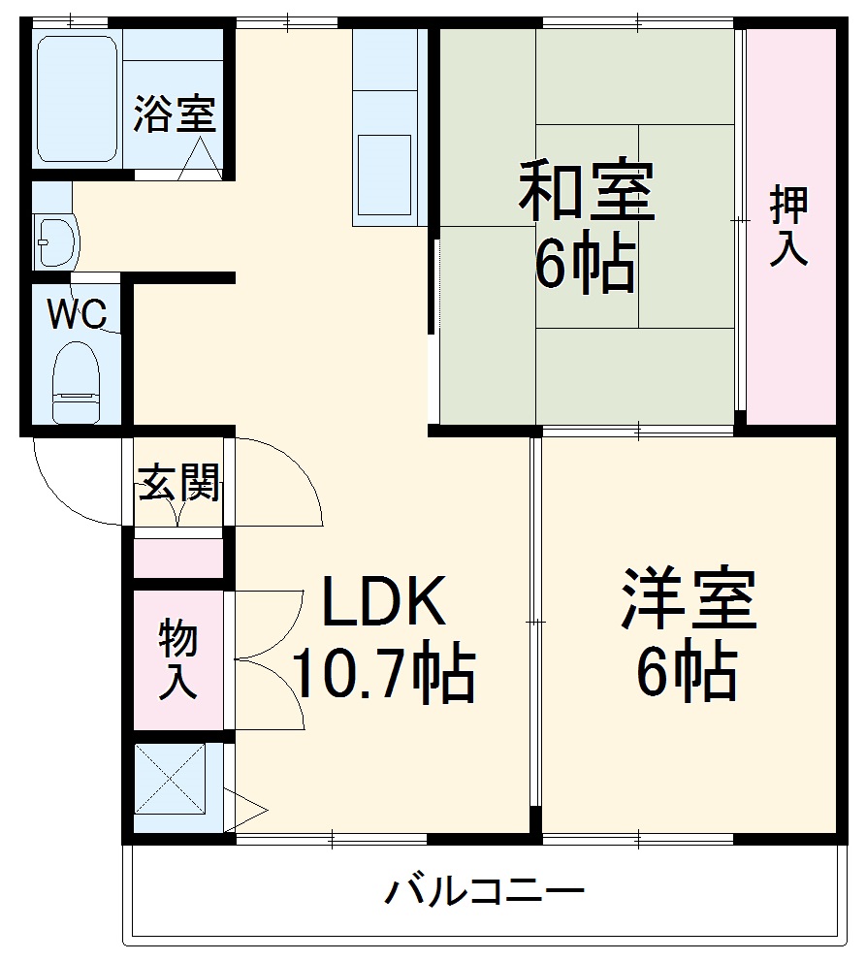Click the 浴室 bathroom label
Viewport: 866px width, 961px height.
pyautogui.click(x=175, y=114)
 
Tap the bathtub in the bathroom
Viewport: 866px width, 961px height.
pyautogui.click(x=78, y=99)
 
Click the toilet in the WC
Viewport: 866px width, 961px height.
pyautogui.click(x=76, y=382)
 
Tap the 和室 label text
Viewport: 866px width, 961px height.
pyautogui.click(x=587, y=190)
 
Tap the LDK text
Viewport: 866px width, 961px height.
pyautogui.click(x=383, y=602)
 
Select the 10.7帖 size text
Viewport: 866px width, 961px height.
pyautogui.click(x=383, y=675)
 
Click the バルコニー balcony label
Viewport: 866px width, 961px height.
pyautogui.click(x=486, y=889)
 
